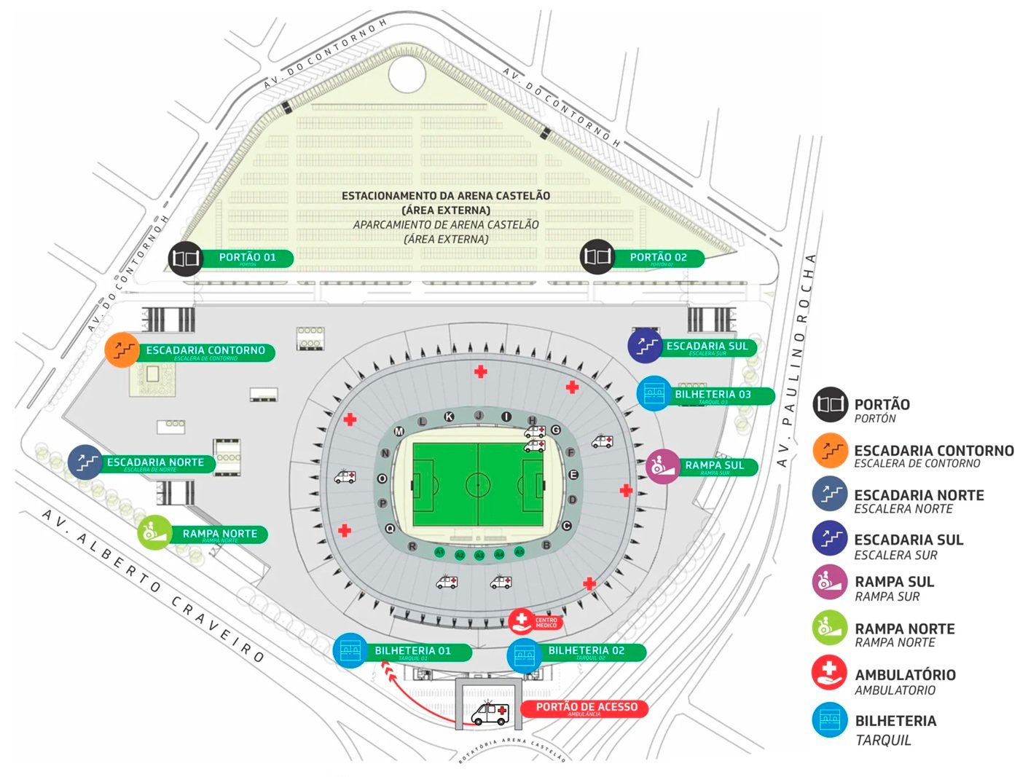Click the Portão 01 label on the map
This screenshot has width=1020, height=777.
point(248,258)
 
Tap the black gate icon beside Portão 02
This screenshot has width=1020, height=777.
point(597,256)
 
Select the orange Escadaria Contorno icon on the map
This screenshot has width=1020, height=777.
point(122,350)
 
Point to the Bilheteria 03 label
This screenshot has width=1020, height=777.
point(713,395)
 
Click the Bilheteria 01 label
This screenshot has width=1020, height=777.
point(412,651)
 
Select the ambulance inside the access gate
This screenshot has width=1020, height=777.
point(490,713)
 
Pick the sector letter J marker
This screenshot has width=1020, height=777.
point(479,416)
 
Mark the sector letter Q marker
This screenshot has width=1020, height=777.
point(390,529)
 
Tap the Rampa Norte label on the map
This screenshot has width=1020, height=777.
point(219,534)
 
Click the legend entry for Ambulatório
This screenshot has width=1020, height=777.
point(904,676)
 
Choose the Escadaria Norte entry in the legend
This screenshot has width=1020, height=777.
point(918,496)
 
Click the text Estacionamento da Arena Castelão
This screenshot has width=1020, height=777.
point(446,196)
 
